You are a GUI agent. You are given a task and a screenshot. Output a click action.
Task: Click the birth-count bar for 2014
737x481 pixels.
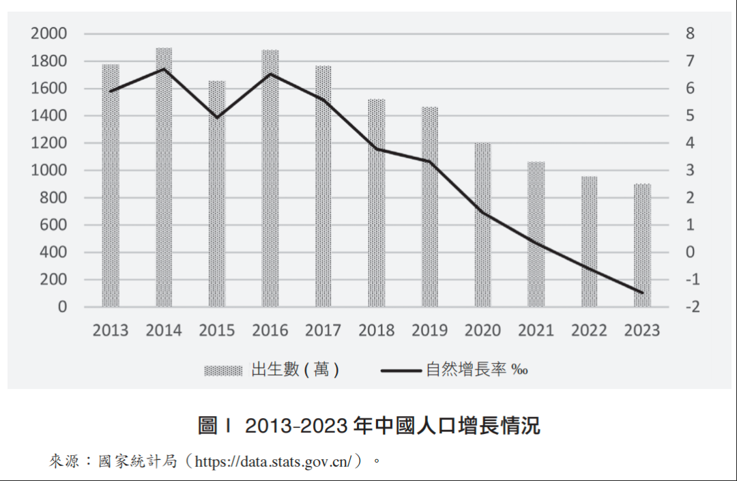(x=164, y=177)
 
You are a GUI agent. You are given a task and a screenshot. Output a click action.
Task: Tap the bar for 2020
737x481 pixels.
(x=482, y=225)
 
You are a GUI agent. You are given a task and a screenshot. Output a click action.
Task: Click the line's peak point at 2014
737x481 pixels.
(x=164, y=69)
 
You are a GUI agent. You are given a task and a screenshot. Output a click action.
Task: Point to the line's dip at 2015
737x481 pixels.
(x=217, y=117)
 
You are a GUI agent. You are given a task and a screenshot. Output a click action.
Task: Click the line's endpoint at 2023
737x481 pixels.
(x=642, y=293)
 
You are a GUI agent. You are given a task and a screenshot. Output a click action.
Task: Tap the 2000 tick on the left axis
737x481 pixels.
(x=48, y=33)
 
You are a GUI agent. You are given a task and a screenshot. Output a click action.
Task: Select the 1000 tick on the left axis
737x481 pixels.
(x=48, y=171)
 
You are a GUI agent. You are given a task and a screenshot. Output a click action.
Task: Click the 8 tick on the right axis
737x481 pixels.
(x=690, y=33)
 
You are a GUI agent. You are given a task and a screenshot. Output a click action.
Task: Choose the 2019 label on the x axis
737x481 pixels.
(x=429, y=331)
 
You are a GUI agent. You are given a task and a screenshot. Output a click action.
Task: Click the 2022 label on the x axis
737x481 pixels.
(x=589, y=331)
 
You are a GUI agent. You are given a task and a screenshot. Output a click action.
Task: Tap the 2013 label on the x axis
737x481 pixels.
(x=111, y=331)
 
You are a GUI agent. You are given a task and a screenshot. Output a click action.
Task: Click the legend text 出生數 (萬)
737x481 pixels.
(x=295, y=370)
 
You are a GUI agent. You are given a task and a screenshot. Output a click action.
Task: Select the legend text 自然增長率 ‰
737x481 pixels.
(x=476, y=370)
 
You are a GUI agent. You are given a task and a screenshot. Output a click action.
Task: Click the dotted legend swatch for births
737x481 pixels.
(x=223, y=370)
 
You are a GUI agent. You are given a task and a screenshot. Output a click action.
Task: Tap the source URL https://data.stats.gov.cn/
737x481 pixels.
(x=274, y=462)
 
